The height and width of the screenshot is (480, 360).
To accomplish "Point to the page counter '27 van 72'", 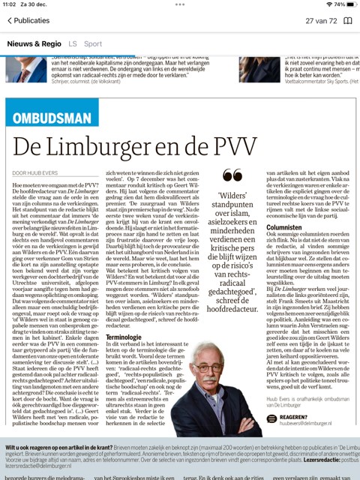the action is tap(310, 21).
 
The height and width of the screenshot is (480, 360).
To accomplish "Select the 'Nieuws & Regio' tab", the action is tap(34, 44).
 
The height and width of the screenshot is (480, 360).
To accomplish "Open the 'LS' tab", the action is tap(72, 44).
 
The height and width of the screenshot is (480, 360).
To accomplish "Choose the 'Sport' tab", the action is tap(93, 44).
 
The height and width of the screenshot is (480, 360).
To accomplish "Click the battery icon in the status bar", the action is tap(346, 4).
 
